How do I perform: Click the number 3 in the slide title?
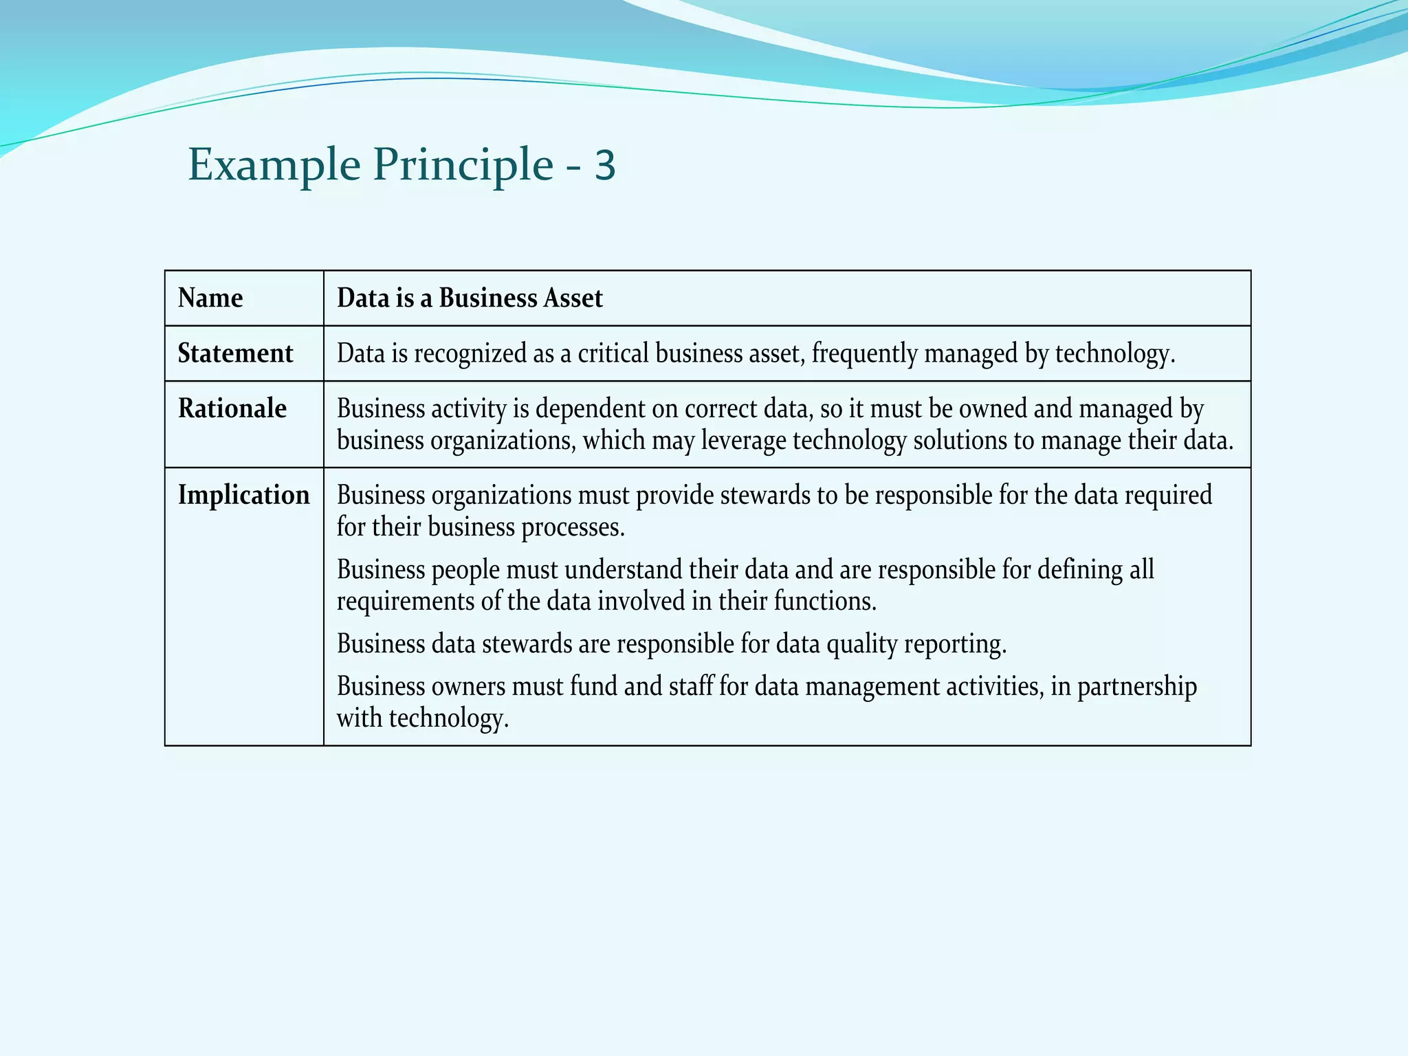(605, 166)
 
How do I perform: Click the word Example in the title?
(274, 166)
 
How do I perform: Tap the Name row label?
(210, 298)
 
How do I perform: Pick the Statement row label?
(235, 353)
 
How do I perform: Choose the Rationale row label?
(232, 408)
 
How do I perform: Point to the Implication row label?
(244, 495)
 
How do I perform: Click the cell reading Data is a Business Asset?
(470, 298)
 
